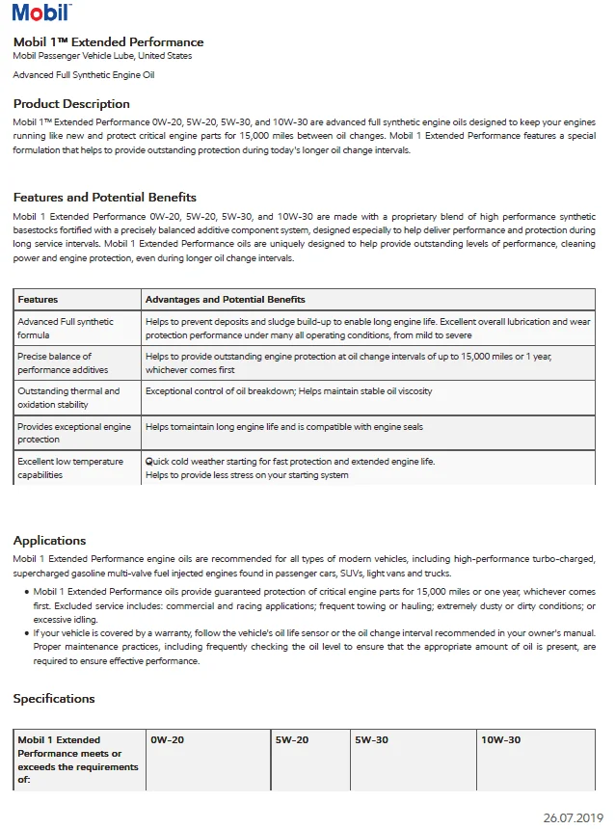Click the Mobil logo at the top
point(41,12)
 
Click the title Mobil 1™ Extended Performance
point(108,42)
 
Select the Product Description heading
point(71,104)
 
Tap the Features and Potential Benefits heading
point(105,198)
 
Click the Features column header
point(38,300)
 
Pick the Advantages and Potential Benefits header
point(225,300)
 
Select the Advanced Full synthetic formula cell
point(66,328)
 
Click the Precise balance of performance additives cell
point(63,363)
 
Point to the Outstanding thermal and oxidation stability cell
point(68,398)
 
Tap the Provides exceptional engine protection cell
point(74,433)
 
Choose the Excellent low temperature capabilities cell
point(70,468)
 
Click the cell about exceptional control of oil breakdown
point(288,391)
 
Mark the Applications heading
point(49,541)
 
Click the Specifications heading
point(54,699)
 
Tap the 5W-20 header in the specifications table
point(291,740)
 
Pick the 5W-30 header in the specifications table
point(371,740)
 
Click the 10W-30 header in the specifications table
point(500,740)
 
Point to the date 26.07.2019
point(573,817)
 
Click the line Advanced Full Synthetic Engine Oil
point(84,75)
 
